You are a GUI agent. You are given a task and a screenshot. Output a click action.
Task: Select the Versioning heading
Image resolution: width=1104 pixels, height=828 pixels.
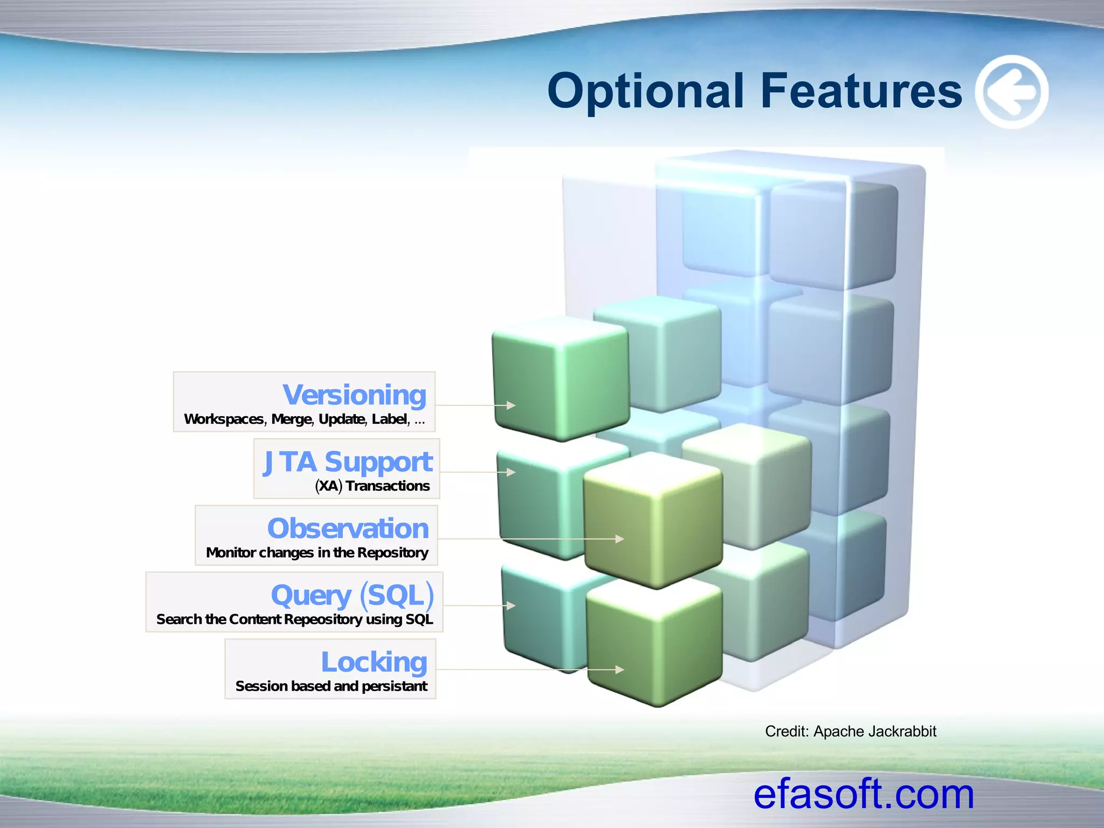(354, 395)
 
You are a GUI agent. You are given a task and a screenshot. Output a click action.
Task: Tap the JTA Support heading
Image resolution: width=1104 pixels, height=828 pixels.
(348, 463)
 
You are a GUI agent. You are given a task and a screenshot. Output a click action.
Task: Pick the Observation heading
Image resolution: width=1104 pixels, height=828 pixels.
(348, 528)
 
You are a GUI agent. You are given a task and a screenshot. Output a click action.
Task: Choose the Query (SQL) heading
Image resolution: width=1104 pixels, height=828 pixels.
(353, 596)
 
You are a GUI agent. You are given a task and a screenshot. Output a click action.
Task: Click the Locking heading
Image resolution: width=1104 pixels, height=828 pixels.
(374, 662)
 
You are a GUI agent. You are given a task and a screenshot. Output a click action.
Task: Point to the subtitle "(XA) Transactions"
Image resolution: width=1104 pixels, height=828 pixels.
(372, 486)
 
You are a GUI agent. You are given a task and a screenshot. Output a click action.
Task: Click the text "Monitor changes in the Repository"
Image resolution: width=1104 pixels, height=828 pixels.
(317, 553)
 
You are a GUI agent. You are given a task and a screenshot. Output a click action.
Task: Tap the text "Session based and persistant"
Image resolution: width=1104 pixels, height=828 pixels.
(331, 686)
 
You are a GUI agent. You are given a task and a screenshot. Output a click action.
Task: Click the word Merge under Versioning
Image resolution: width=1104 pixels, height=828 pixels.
(292, 419)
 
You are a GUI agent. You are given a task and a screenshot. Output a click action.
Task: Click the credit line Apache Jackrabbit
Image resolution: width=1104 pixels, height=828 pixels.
(850, 732)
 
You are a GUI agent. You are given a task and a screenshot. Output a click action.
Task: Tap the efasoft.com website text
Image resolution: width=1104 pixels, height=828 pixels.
(864, 794)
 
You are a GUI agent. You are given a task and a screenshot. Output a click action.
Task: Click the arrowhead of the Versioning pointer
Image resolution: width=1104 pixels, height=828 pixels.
(511, 405)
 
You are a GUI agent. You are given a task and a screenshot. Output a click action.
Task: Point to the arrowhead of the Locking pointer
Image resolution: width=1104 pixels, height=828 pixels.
(620, 670)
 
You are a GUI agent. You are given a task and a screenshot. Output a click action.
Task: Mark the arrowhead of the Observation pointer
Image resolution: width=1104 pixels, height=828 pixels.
(620, 539)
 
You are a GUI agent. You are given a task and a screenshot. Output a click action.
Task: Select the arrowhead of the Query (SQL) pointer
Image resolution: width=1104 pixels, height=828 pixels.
(511, 606)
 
